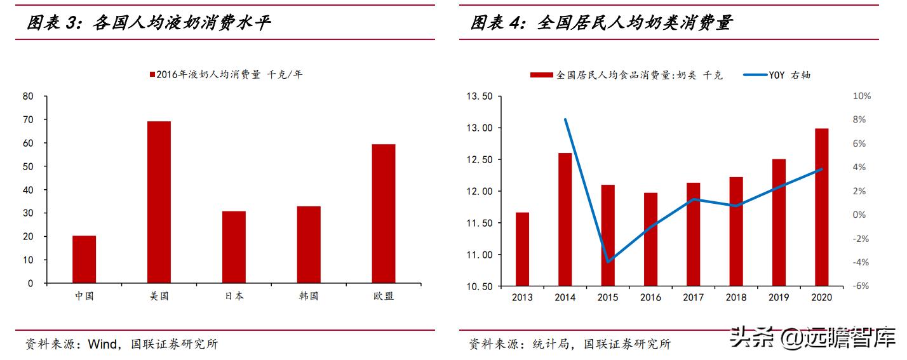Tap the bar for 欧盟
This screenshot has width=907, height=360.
pyautogui.click(x=384, y=213)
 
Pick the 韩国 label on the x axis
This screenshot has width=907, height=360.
pyautogui.click(x=308, y=296)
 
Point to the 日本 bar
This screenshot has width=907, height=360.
pyautogui.click(x=234, y=247)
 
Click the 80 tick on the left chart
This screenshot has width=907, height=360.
pyautogui.click(x=27, y=97)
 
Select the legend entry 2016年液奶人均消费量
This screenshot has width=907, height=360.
pyautogui.click(x=226, y=74)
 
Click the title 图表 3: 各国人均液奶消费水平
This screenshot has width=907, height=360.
pyautogui.click(x=149, y=24)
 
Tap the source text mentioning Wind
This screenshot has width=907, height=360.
pyautogui.click(x=121, y=344)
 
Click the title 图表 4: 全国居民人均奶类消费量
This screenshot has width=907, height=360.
pyautogui.click(x=601, y=24)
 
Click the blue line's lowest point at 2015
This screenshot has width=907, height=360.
pyautogui.click(x=608, y=262)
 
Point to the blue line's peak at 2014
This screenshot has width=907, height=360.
pyautogui.click(x=565, y=119)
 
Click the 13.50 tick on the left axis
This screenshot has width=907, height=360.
pyautogui.click(x=479, y=97)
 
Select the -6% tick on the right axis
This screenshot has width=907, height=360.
pyautogui.click(x=861, y=286)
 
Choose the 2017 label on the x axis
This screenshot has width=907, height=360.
pyautogui.click(x=693, y=297)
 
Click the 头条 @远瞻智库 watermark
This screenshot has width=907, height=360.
pyautogui.click(x=813, y=337)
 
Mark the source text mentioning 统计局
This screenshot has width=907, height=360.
pyautogui.click(x=570, y=344)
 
